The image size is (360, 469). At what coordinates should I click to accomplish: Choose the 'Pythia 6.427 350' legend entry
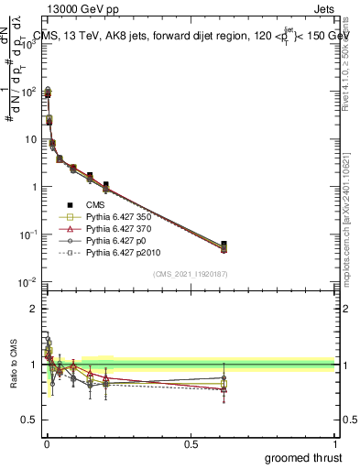pyautogui.click(x=117, y=217)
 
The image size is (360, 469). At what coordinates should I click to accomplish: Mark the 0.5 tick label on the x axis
pyautogui.click(x=191, y=443)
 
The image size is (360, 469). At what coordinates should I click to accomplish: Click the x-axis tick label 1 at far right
pyautogui.click(x=334, y=443)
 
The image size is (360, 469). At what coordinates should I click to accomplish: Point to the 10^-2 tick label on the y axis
pyautogui.click(x=28, y=281)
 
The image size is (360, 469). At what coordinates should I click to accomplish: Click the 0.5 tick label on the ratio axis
pyautogui.click(x=30, y=420)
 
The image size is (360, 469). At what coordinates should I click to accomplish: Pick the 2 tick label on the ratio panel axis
pyautogui.click(x=35, y=309)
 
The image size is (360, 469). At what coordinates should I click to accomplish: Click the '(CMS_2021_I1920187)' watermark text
pyautogui.click(x=190, y=274)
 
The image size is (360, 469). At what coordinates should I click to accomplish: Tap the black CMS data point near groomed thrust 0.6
pyautogui.click(x=224, y=245)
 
